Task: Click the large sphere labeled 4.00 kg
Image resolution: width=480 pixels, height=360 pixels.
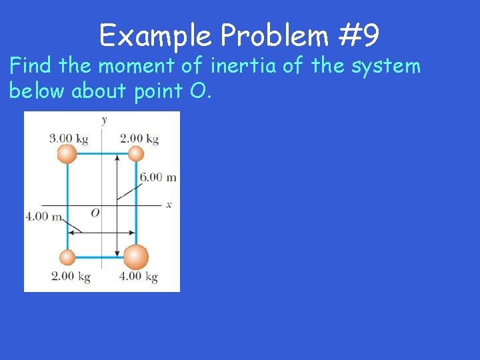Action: pyautogui.click(x=136, y=257)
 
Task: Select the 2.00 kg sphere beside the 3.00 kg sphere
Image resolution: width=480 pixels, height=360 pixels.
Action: pyautogui.click(x=136, y=155)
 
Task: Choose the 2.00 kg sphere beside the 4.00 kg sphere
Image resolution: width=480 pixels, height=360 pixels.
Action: pyautogui.click(x=67, y=257)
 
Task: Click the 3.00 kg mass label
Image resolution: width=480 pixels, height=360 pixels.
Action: pyautogui.click(x=69, y=139)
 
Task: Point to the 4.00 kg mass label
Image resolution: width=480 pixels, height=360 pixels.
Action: pyautogui.click(x=139, y=277)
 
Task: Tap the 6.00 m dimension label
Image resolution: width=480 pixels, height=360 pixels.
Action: pyautogui.click(x=158, y=177)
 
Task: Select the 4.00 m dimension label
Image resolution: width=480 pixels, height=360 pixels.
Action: pyautogui.click(x=43, y=217)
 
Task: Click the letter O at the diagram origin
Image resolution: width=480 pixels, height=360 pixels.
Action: pyautogui.click(x=95, y=213)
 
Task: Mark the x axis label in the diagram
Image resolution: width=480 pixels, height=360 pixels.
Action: pyautogui.click(x=169, y=205)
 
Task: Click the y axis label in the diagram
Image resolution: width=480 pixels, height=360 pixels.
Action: pyautogui.click(x=104, y=120)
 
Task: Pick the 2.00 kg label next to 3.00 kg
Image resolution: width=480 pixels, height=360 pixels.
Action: pyautogui.click(x=139, y=139)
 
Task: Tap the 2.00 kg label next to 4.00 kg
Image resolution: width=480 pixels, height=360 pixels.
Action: pyautogui.click(x=71, y=277)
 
